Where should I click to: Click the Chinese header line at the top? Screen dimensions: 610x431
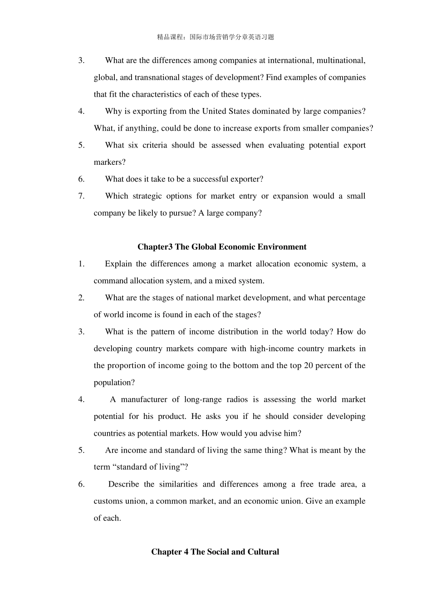[215, 37]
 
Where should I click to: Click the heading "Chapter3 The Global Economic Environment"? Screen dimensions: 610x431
[222, 247]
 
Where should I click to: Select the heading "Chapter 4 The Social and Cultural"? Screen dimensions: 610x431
[215, 552]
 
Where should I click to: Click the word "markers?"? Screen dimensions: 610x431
[109, 162]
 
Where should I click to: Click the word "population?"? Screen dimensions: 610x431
[114, 382]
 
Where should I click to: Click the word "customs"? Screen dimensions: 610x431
[108, 501]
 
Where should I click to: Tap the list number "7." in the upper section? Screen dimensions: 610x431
[81, 196]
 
